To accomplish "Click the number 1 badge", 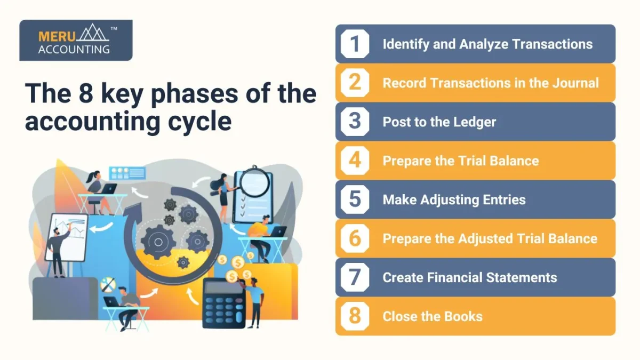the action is tap(355, 44).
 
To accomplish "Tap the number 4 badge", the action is tap(355, 161).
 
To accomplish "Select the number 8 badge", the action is tap(355, 316).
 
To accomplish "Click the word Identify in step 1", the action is tap(406, 45).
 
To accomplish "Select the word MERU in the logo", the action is tap(57, 37).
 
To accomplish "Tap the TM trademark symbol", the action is tap(114, 28).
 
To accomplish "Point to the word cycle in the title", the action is tap(199, 122).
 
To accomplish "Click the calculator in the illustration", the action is tap(223, 303).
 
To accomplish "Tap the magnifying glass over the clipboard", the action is tap(254, 181).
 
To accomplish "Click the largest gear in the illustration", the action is tap(158, 242).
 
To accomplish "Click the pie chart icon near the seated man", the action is tap(108, 285).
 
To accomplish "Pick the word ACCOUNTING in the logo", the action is tap(74, 50).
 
